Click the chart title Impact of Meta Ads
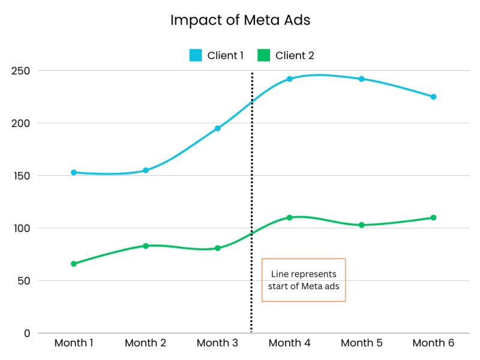coord(240,20)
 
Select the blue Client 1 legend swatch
coord(196,56)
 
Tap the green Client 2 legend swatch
coord(264,56)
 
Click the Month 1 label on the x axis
coord(74,343)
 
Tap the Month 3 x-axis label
coord(217,343)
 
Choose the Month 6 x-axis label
coord(433,343)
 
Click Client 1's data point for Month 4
coord(289,79)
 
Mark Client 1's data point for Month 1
coord(74,172)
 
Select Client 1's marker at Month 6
coord(433,97)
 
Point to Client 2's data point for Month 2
coord(145,246)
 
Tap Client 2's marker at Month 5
coord(361,225)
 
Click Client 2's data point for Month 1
coord(74,263)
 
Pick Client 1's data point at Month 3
coord(217,128)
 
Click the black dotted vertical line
coord(251,198)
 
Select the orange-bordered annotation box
coord(304,280)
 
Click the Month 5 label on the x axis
coord(361,343)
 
